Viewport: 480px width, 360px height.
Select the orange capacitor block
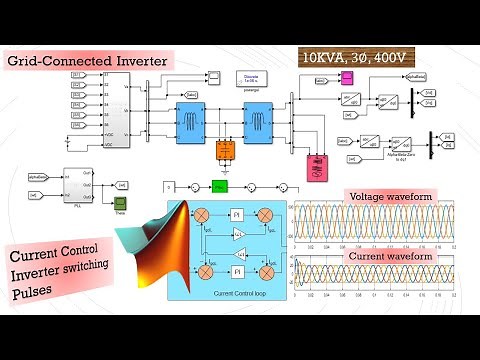(224, 151)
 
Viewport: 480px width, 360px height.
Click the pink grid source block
(320, 166)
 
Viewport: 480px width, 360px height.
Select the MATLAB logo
(166, 250)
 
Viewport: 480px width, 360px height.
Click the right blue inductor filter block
(257, 123)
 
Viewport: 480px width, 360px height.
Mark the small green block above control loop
(220, 186)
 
